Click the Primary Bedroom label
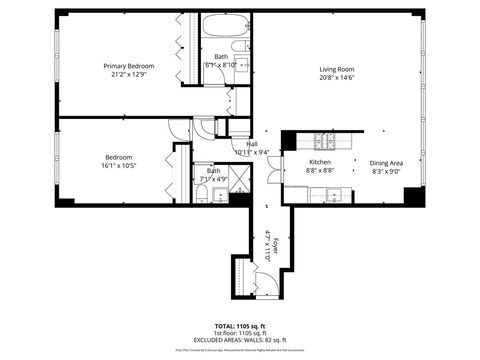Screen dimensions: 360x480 coord(129,66)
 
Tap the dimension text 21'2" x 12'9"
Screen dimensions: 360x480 coord(129,75)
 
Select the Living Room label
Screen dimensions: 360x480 coord(337,69)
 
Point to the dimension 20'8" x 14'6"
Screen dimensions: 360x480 coord(337,78)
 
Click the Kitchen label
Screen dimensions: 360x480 coord(320,161)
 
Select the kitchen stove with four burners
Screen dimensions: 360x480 coord(325,140)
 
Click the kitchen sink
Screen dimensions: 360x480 coord(335,194)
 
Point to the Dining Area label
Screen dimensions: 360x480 coord(386,163)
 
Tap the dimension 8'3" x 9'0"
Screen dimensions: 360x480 coord(386,171)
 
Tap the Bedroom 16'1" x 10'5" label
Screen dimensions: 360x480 coord(118,161)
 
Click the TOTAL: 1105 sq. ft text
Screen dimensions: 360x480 coord(240,326)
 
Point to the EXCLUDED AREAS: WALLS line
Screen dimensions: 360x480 coord(240,340)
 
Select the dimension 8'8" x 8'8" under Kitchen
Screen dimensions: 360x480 coord(320,170)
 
